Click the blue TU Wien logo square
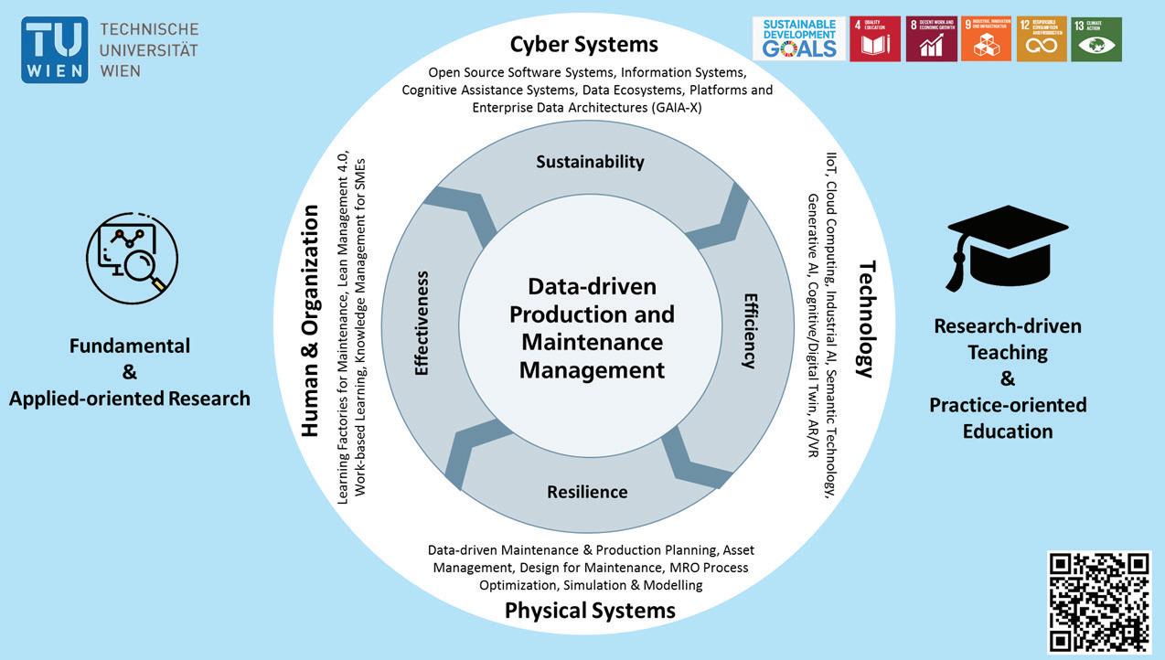[x=55, y=50]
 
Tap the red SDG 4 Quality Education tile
[x=874, y=39]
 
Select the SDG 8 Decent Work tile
[x=931, y=39]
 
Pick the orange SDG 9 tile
[x=986, y=39]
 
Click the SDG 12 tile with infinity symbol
[x=1042, y=39]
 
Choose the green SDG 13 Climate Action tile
[x=1096, y=39]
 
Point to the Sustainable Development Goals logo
[x=797, y=39]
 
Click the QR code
[x=1098, y=601]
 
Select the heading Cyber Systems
[x=583, y=44]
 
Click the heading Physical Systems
[x=590, y=610]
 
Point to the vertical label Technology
[x=866, y=319]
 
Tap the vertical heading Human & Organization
[x=310, y=320]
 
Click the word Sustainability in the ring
[x=590, y=162]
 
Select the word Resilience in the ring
[x=587, y=492]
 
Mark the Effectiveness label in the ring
[x=422, y=323]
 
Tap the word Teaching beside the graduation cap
[x=1008, y=352]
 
